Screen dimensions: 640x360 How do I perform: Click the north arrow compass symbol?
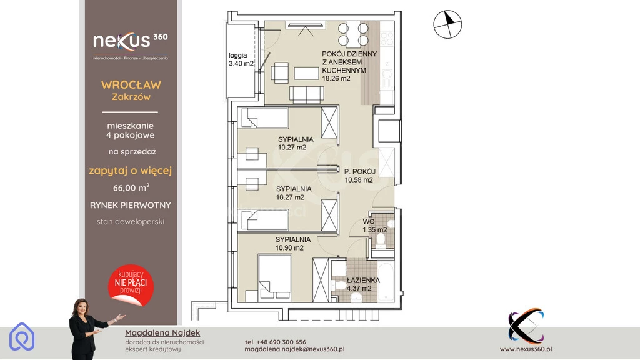click(447, 24)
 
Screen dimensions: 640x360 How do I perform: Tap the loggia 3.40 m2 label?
click(241, 59)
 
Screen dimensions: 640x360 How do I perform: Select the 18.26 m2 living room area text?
click(336, 78)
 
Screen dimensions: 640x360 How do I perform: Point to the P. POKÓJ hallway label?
click(359, 171)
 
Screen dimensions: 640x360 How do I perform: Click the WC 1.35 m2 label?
click(375, 226)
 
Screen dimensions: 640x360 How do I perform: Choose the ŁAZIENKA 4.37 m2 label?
click(363, 284)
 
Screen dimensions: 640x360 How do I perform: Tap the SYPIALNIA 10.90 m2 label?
click(292, 244)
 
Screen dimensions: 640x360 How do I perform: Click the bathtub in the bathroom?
click(386, 281)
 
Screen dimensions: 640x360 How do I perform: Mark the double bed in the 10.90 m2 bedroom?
click(275, 276)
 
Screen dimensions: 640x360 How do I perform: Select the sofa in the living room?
click(307, 94)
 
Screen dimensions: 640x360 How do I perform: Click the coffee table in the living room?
click(306, 73)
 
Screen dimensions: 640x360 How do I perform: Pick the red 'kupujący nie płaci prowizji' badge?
click(131, 285)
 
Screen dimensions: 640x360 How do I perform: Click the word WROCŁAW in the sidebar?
click(131, 85)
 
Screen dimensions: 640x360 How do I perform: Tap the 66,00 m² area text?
click(131, 187)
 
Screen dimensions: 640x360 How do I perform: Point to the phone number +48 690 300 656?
click(276, 342)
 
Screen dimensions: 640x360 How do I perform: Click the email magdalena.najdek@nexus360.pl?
click(295, 349)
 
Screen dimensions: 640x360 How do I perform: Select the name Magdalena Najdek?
click(162, 333)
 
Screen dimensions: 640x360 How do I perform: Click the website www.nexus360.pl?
click(526, 349)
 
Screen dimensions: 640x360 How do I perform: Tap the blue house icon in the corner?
click(22, 337)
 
